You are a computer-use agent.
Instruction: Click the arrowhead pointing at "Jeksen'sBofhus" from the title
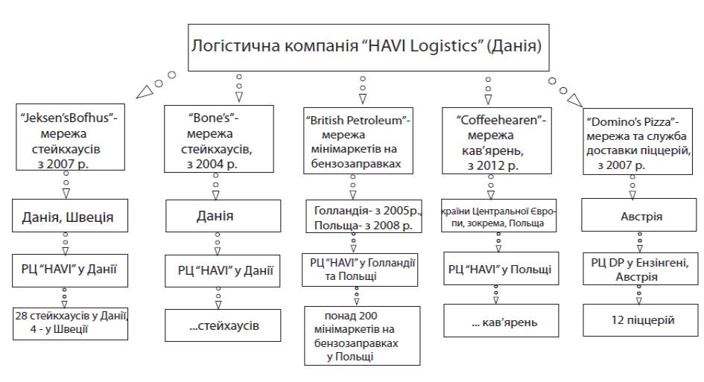tap(145, 93)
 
